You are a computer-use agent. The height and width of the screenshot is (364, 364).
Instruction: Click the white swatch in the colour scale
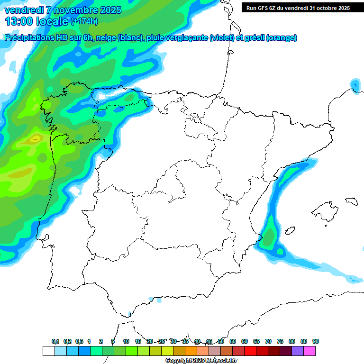(48, 351)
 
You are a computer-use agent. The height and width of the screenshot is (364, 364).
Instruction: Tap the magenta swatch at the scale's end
(309, 351)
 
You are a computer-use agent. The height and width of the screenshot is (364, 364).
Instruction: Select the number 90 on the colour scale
(316, 341)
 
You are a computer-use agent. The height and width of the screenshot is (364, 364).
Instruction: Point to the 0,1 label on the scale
(55, 341)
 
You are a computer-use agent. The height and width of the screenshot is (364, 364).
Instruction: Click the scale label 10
(126, 341)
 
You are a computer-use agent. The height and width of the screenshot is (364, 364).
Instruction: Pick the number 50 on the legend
(221, 341)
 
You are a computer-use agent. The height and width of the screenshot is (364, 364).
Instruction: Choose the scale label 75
(280, 341)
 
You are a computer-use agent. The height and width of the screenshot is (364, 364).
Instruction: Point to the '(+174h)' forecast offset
(85, 22)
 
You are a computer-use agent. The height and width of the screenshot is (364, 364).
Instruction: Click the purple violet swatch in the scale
(298, 351)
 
